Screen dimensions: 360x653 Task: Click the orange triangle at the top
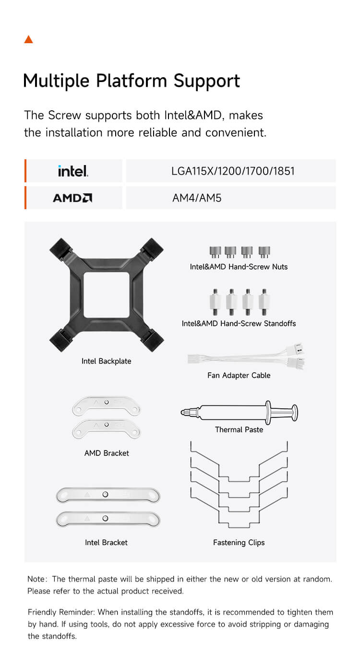[x=29, y=39]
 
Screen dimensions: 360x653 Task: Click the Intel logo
[x=73, y=171]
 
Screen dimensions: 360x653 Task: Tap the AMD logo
[x=72, y=198]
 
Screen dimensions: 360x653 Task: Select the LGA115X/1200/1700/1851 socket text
[x=233, y=171]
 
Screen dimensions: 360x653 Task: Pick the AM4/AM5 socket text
[x=197, y=198]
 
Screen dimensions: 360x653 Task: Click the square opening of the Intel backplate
[x=107, y=295]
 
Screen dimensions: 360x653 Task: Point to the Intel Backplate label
[x=106, y=361]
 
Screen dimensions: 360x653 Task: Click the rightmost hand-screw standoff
[x=264, y=302]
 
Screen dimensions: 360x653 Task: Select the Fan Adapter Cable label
[x=239, y=375]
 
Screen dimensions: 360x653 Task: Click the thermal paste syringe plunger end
[x=295, y=413]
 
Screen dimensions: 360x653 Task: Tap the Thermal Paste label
[x=239, y=429]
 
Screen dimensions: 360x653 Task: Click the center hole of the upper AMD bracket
[x=107, y=402]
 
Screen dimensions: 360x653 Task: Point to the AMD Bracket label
[x=107, y=453]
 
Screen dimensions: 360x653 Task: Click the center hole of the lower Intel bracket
[x=105, y=518]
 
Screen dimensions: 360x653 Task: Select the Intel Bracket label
[x=106, y=542]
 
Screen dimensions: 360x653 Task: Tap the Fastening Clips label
[x=239, y=543]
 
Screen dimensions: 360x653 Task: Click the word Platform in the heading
[x=132, y=81]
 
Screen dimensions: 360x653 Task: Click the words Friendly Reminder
[x=61, y=612]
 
